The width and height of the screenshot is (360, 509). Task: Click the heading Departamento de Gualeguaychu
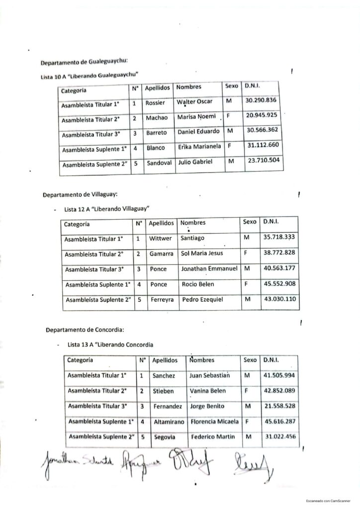[84, 62]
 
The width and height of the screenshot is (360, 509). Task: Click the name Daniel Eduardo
[199, 132]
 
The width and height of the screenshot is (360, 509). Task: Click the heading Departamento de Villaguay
[80, 194]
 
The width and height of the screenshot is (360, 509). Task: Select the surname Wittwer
[161, 238]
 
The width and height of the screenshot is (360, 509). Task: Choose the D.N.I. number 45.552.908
[279, 284]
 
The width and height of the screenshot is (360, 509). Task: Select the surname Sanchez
[164, 376]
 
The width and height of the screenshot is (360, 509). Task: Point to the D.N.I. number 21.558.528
[279, 406]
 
